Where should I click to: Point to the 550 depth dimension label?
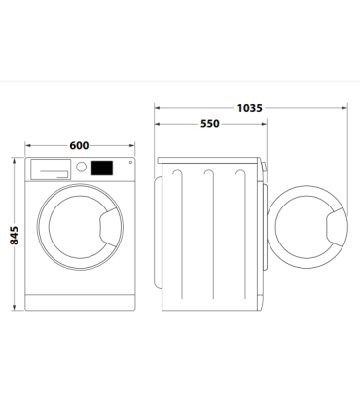click(x=209, y=125)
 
